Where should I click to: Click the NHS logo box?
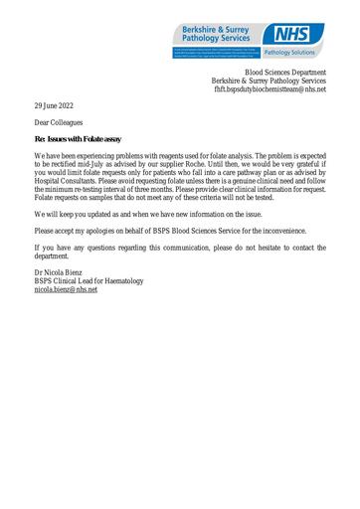[x=298, y=35]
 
